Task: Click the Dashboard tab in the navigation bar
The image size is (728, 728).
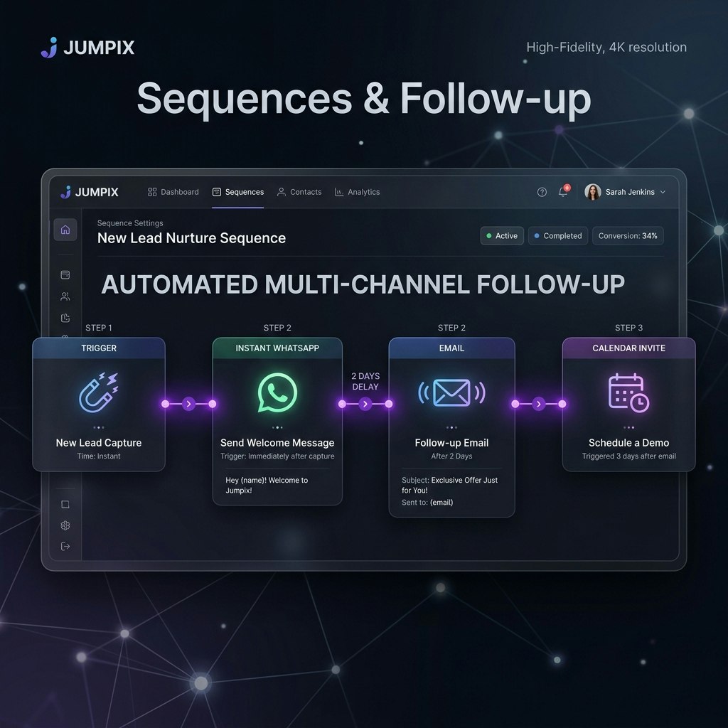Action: [173, 192]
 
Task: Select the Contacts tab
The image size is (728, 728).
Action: [299, 192]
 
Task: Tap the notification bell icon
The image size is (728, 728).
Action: [564, 192]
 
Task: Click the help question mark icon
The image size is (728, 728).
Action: [542, 192]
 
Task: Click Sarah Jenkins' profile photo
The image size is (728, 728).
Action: [593, 192]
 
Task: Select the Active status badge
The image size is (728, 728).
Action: [502, 236]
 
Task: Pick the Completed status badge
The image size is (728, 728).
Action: [557, 236]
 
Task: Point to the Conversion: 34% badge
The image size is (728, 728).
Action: [628, 236]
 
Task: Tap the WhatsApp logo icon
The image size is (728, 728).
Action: [277, 392]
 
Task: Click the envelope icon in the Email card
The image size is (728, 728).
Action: [451, 392]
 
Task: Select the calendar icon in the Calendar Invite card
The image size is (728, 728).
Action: [628, 392]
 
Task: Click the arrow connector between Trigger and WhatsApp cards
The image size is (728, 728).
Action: [188, 404]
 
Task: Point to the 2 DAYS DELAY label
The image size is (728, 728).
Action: [365, 381]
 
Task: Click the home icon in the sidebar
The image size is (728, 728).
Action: [65, 229]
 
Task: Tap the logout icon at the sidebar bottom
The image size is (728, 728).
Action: [65, 546]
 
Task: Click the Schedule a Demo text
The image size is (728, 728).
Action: [628, 443]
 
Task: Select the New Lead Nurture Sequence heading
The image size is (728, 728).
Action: [191, 238]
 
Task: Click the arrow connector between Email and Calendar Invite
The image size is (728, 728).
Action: [538, 404]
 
